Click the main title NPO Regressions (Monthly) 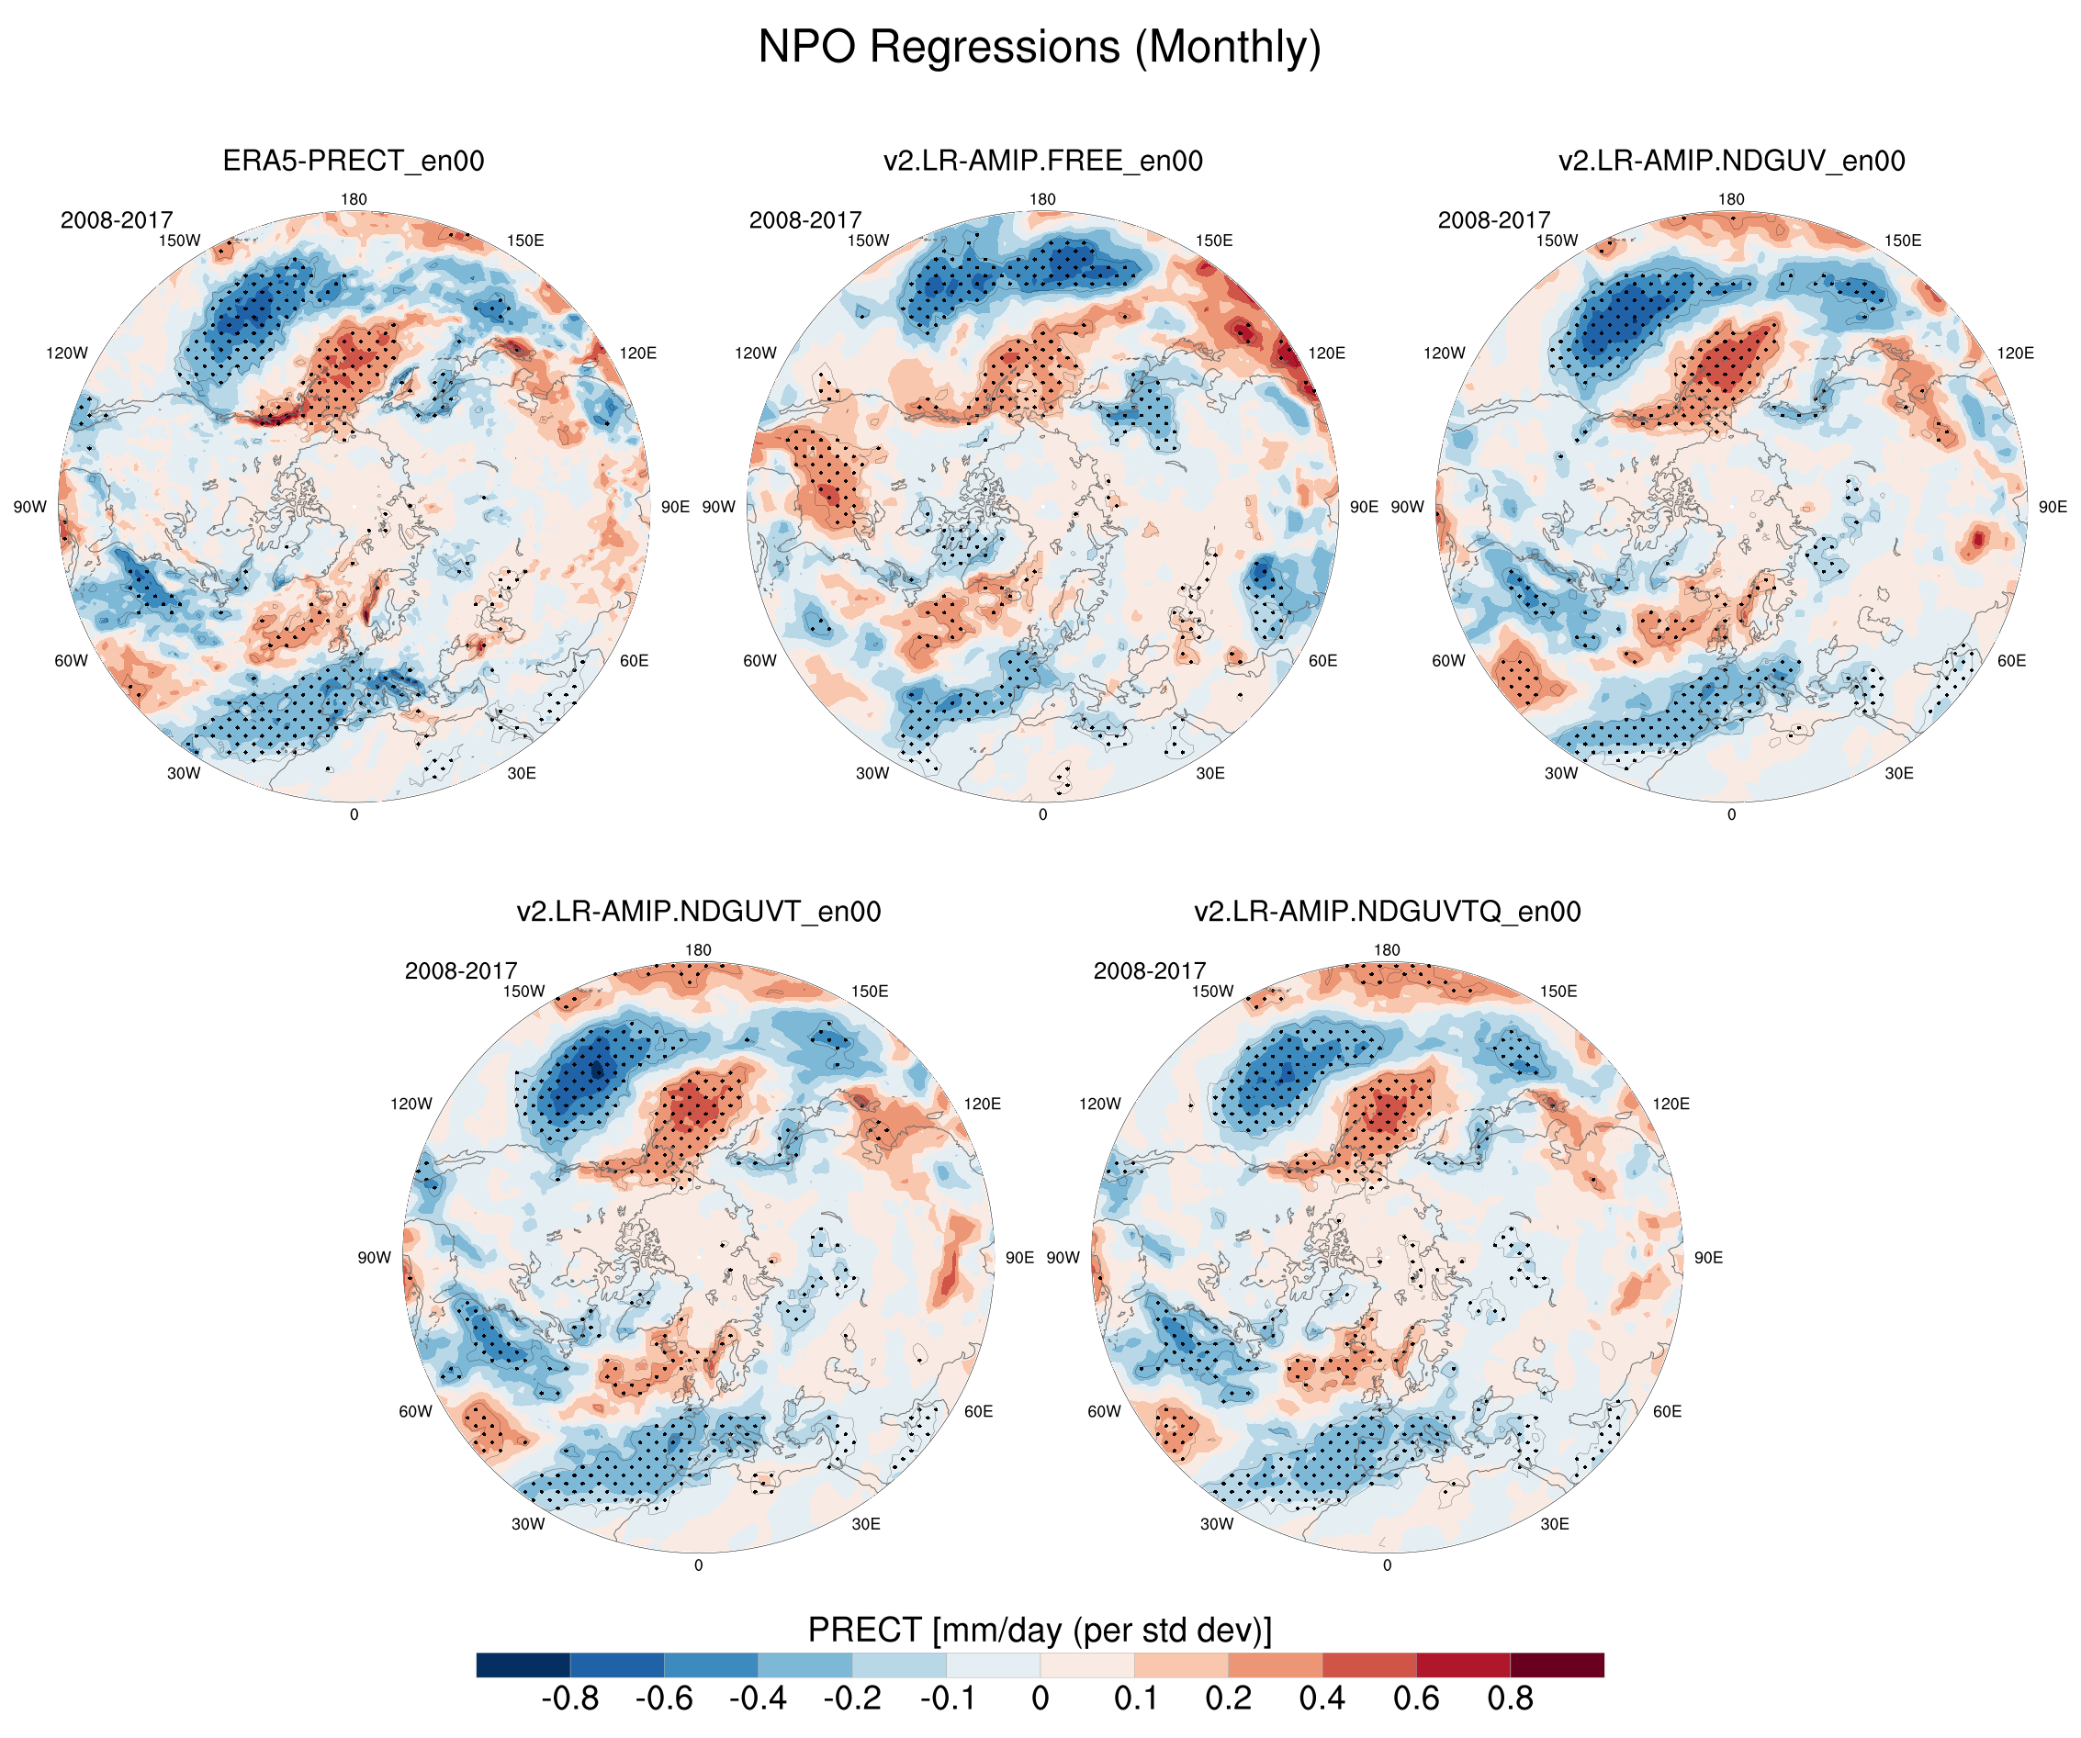[x=1040, y=48]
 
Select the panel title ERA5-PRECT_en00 [x=353, y=161]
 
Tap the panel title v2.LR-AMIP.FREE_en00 [x=1042, y=161]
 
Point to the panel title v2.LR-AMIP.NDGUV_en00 [x=1731, y=161]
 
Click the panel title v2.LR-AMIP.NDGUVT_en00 [x=698, y=912]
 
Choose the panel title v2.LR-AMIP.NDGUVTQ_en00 [x=1387, y=912]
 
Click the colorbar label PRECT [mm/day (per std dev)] [x=1040, y=1630]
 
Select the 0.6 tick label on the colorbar [x=1416, y=1699]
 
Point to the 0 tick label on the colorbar [x=1040, y=1699]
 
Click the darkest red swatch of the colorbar [x=1557, y=1665]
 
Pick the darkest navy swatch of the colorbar [x=523, y=1665]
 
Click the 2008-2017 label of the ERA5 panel [x=116, y=220]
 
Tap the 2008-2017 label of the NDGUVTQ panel [x=1150, y=971]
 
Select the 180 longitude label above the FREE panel [x=1042, y=199]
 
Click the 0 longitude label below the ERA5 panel [x=354, y=814]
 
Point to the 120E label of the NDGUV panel [x=2016, y=353]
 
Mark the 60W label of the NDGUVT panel [x=415, y=1411]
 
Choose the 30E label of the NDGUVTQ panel [x=1555, y=1524]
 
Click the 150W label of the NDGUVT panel [x=524, y=991]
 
